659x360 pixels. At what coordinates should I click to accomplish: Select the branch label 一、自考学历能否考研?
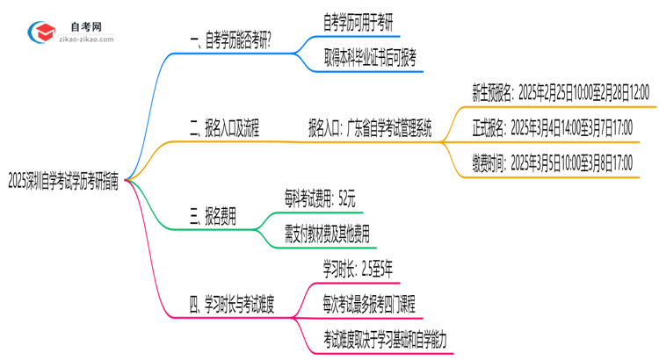[229, 40]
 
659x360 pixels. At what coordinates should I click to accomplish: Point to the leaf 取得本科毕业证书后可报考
[370, 58]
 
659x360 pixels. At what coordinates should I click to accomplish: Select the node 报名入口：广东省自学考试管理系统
[369, 129]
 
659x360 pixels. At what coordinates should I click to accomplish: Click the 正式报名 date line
[553, 129]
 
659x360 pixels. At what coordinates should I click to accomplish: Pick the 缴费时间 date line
[553, 162]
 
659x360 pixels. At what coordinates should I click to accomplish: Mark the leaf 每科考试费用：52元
[319, 198]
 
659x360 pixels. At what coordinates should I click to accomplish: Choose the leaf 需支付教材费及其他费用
[327, 234]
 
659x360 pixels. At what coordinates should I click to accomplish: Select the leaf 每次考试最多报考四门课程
[369, 305]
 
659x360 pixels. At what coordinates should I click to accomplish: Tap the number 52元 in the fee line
[345, 198]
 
